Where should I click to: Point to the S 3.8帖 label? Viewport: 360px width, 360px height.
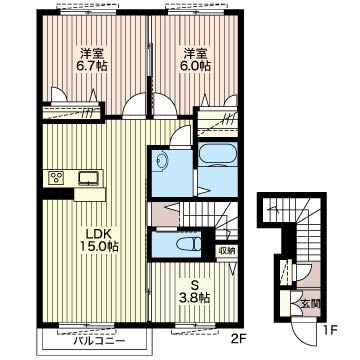coord(195,292)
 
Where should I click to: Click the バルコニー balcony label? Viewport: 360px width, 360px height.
coord(99,341)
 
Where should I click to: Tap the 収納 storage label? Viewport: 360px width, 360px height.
coord(226,251)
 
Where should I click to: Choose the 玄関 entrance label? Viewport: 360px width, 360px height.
coord(311,304)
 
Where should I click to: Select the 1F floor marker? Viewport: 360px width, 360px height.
coord(331,331)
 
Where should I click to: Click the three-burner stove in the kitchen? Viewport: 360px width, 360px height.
coord(56,178)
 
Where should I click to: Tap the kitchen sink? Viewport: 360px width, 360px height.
coord(88,178)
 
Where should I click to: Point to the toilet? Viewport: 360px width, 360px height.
coord(188,244)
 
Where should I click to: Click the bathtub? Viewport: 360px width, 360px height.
coord(217,154)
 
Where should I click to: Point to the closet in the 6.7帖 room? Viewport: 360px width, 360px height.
coord(72,113)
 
